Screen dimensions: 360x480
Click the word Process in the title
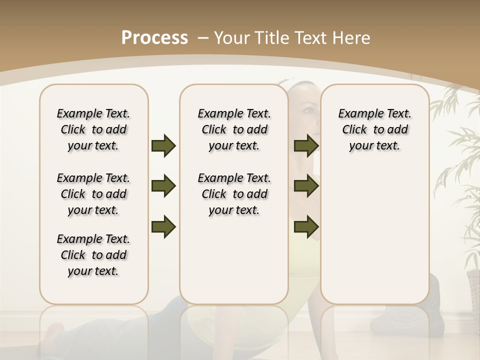[154, 38]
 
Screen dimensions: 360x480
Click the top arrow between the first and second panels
[163, 145]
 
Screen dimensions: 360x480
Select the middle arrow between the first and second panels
[163, 186]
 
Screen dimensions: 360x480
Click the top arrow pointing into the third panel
[306, 145]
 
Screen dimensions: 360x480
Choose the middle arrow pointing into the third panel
[306, 186]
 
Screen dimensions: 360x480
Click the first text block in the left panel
[93, 129]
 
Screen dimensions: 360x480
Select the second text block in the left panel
[93, 194]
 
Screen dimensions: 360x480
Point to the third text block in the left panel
[93, 255]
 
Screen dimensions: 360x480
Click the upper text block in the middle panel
[234, 129]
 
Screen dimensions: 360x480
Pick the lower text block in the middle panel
[234, 194]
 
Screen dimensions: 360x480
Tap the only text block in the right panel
[374, 129]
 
